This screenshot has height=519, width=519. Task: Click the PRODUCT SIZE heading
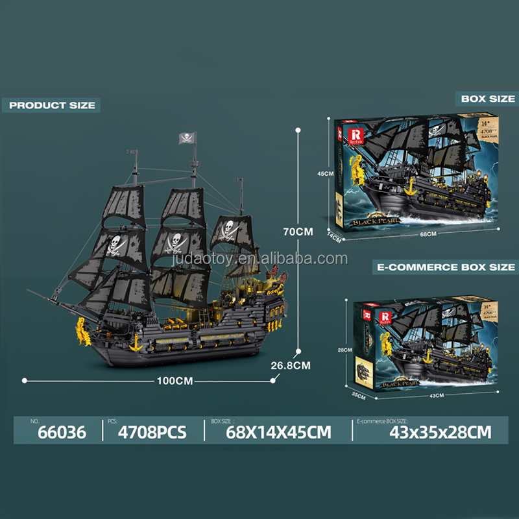(53, 105)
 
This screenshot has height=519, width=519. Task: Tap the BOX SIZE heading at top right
(488, 99)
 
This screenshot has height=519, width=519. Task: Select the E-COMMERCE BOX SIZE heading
(446, 267)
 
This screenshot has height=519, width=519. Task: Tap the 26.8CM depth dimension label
(290, 365)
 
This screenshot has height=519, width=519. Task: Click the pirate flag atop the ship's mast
(185, 138)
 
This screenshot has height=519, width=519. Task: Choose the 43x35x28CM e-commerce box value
(423, 431)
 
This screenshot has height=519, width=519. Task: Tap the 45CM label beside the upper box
(325, 174)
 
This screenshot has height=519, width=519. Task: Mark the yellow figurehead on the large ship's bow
(81, 330)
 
